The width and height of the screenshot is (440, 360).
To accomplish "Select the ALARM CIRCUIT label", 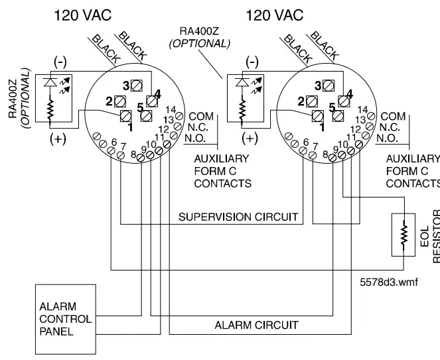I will (256, 325).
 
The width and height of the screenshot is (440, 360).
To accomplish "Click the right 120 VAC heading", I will (275, 15).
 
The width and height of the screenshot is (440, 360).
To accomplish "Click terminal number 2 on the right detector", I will (313, 101).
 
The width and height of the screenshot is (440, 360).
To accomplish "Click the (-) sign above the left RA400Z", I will (60, 62).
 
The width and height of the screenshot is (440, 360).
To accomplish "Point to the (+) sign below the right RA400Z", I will (250, 138).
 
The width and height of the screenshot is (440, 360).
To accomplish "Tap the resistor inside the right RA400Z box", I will (243, 107).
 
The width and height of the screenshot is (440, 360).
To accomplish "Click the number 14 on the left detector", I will (171, 109).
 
